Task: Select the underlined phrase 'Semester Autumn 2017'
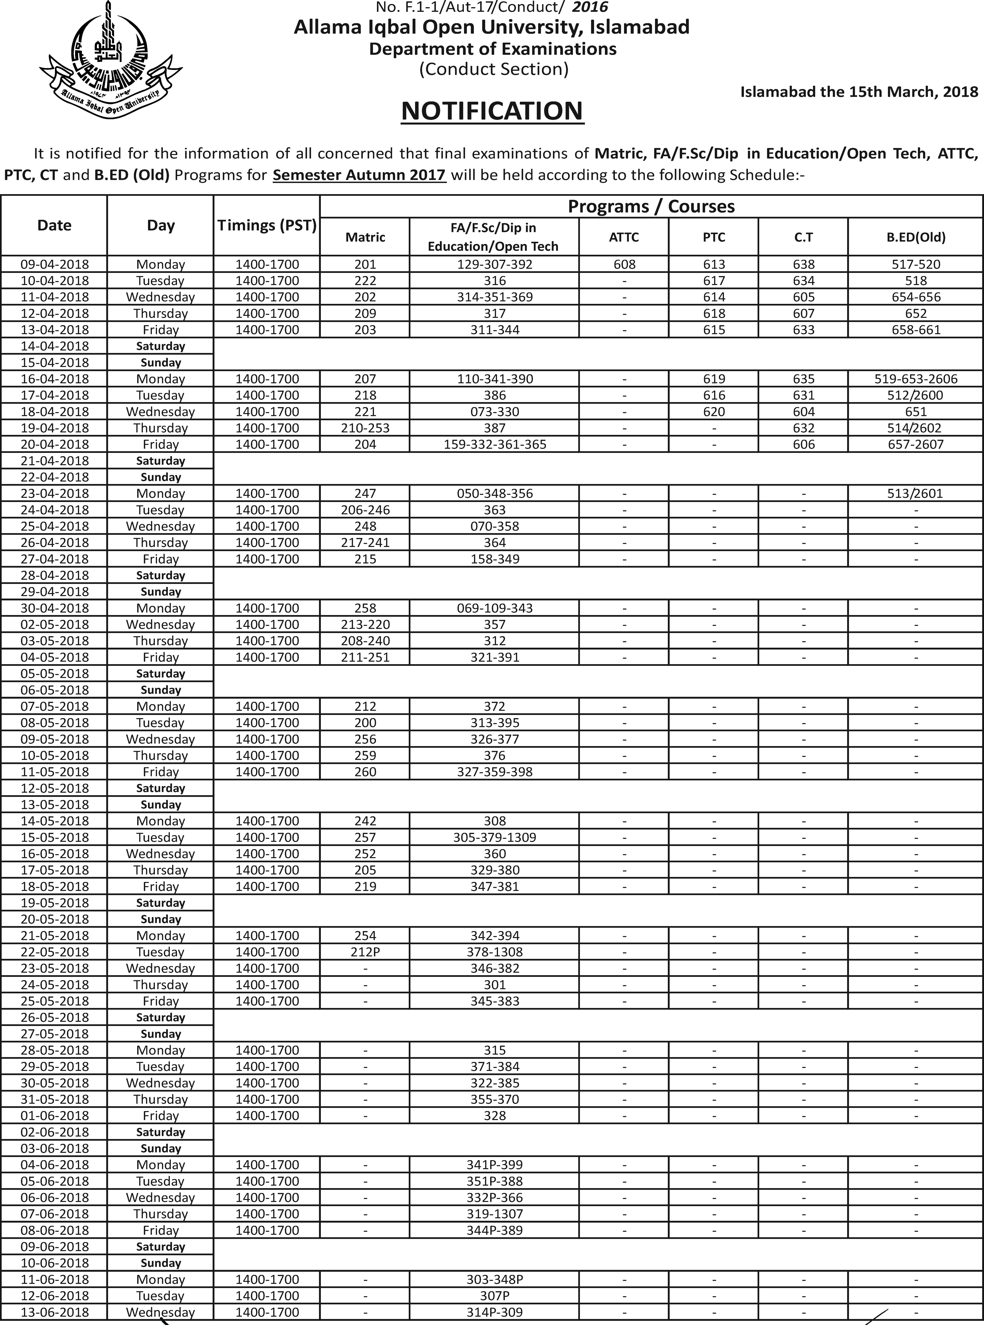(x=359, y=175)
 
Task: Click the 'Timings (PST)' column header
(x=267, y=226)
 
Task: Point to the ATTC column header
(x=624, y=237)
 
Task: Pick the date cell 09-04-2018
(x=54, y=264)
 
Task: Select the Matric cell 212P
(x=365, y=952)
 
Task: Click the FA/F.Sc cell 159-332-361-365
(x=494, y=444)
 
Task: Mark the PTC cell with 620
(x=714, y=411)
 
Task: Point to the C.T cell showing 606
(x=804, y=444)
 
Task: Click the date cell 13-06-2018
(x=54, y=1312)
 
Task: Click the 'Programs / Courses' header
(x=651, y=206)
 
